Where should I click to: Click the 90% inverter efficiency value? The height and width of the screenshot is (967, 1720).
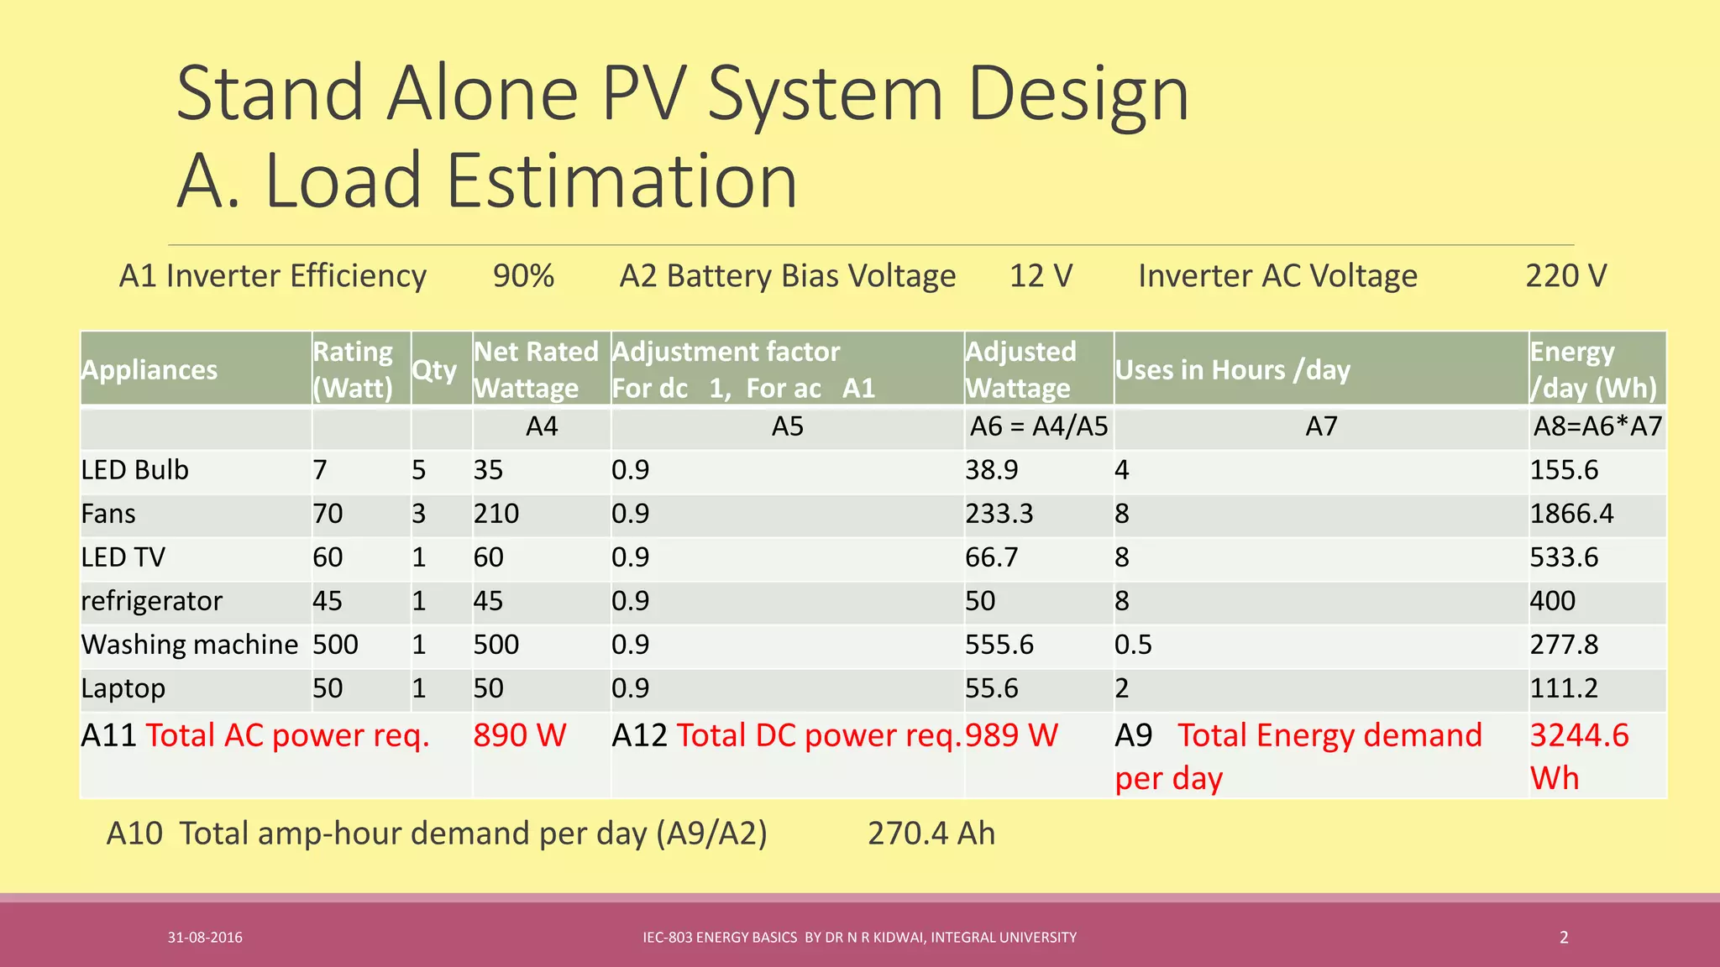[523, 276]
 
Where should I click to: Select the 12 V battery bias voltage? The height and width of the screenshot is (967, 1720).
[1041, 276]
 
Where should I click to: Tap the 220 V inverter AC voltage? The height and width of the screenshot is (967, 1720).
[1565, 276]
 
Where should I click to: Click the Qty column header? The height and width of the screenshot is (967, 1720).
[434, 370]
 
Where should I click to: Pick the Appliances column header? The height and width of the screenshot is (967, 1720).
[149, 370]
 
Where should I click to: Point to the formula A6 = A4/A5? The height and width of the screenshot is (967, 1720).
[1039, 426]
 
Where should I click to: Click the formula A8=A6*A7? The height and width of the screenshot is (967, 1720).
[1597, 426]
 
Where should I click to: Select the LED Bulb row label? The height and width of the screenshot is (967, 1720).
[135, 470]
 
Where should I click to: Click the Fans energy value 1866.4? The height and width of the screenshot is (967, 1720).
[1571, 514]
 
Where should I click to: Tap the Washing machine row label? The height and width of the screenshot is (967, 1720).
[190, 645]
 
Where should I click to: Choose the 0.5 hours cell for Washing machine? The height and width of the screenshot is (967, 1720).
[1133, 645]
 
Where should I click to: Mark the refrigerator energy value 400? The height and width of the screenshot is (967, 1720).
[1552, 601]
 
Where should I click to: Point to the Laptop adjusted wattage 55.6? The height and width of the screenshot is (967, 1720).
[991, 688]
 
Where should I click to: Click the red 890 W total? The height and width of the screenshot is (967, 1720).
[520, 735]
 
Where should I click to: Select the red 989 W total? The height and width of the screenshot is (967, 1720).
[1011, 735]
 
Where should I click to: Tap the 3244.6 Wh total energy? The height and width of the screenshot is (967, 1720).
[1579, 755]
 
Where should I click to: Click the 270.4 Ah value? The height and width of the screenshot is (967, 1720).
[931, 834]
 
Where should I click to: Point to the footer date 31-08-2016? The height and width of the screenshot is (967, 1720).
[205, 938]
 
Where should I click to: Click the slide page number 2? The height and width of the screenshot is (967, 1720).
[1564, 938]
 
